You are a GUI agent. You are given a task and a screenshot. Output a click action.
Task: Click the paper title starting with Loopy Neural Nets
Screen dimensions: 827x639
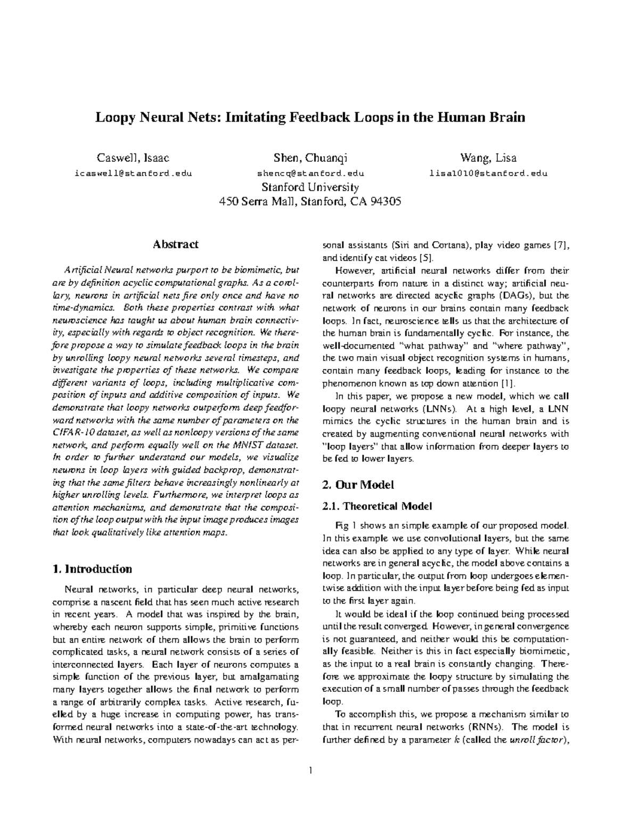310,118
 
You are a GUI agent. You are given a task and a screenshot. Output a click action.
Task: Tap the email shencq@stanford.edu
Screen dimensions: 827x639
310,173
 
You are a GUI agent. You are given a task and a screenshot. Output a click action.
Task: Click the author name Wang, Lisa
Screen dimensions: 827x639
488,158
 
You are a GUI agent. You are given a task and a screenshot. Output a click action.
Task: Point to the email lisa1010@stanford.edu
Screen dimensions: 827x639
488,173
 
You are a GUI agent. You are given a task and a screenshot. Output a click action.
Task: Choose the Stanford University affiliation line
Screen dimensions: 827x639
310,187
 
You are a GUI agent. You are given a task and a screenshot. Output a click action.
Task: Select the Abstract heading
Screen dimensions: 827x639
176,244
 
